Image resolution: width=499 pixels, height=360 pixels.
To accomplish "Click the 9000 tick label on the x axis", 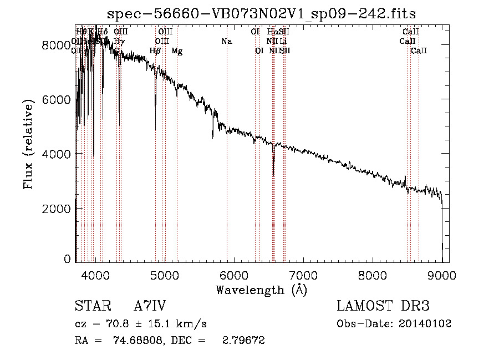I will [442, 275].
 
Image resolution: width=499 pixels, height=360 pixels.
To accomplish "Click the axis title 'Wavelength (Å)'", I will [261, 290].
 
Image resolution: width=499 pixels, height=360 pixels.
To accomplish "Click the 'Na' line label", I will [226, 41].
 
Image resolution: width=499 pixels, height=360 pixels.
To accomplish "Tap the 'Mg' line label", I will [177, 51].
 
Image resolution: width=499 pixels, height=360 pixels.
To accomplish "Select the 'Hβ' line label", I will [155, 51].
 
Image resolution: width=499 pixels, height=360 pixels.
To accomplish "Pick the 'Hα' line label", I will [272, 32].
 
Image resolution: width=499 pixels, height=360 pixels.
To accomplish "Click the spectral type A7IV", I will [150, 306].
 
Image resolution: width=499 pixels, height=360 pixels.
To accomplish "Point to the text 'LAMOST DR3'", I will [383, 306].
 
